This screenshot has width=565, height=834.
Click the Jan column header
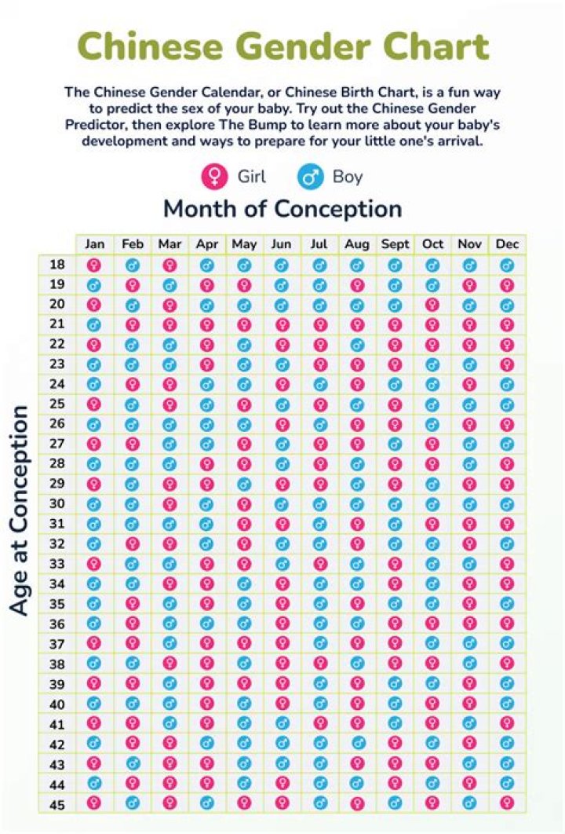[95, 244]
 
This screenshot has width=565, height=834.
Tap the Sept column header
[395, 244]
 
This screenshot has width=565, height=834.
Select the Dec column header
[508, 244]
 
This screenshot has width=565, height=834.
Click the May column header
[244, 244]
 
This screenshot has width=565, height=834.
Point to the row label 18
[56, 265]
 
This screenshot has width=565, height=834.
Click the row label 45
[56, 803]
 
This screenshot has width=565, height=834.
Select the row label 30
[56, 503]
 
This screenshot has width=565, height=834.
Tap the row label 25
[56, 404]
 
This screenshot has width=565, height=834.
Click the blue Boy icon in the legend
[311, 177]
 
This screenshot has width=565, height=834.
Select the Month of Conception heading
[282, 209]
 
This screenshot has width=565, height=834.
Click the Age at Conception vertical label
[20, 510]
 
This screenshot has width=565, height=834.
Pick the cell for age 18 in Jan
[95, 265]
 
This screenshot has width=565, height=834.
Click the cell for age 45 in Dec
[508, 803]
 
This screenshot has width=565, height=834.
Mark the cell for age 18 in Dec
[508, 265]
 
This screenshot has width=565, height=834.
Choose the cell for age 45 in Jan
[95, 803]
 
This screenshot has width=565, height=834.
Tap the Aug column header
[357, 244]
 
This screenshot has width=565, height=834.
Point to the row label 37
[56, 643]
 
